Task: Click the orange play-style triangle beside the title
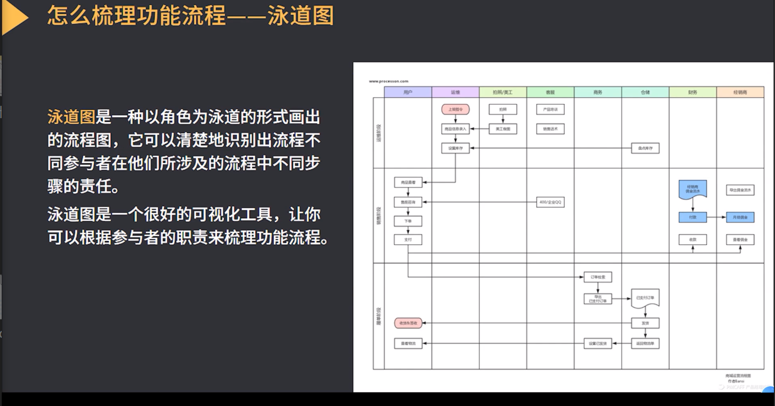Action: click(15, 17)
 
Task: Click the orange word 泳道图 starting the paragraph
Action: click(71, 117)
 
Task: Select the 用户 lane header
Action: click(408, 92)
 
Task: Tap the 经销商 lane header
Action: click(740, 92)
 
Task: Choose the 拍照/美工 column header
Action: click(503, 92)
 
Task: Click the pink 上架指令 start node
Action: click(456, 110)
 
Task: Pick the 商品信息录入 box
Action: click(456, 129)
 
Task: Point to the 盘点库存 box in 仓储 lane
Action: click(645, 148)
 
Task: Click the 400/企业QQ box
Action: click(550, 202)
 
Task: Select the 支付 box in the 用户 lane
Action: click(408, 240)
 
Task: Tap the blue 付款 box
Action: click(692, 218)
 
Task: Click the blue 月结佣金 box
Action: click(740, 218)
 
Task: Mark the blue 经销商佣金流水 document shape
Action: click(692, 189)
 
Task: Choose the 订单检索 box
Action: click(598, 277)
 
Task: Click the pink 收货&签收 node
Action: click(408, 323)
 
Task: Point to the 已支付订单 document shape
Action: click(645, 299)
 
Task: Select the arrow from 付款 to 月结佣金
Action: click(716, 218)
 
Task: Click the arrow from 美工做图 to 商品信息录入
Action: click(479, 129)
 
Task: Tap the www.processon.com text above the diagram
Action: click(388, 81)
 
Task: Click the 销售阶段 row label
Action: click(379, 215)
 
